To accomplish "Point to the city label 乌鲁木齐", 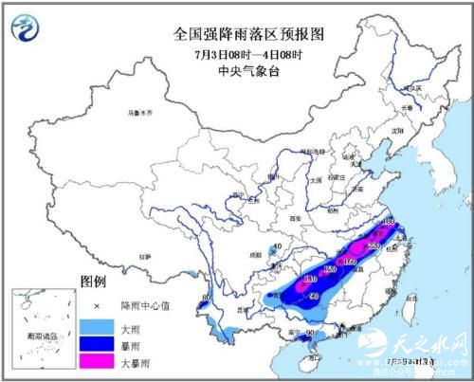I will point(139,113).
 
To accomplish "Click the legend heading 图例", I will point(93,282).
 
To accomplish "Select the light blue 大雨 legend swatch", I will point(97,326).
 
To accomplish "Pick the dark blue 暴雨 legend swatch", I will point(97,345).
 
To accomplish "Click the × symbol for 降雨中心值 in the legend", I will point(97,306).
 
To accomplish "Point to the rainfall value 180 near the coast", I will point(388,221).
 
